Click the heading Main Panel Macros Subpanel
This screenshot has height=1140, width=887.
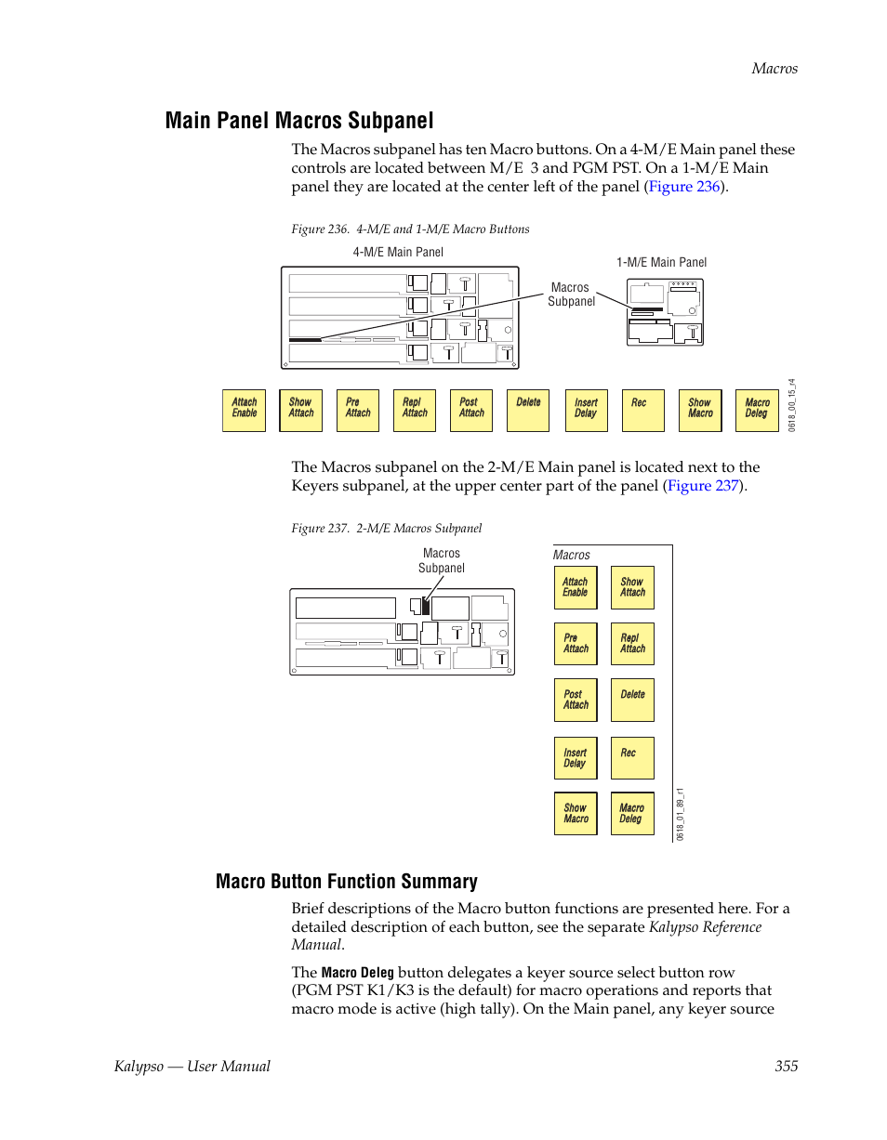click(299, 121)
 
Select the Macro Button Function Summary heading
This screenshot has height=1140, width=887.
click(346, 882)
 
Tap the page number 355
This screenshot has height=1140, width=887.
click(786, 1066)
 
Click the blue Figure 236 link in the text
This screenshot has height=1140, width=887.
click(684, 186)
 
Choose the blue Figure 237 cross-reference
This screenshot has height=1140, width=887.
click(703, 485)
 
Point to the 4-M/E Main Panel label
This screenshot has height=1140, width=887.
click(398, 252)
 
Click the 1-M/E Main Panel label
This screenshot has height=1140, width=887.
click(661, 262)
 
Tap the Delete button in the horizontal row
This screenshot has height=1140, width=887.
click(528, 410)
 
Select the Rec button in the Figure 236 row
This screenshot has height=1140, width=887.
click(642, 410)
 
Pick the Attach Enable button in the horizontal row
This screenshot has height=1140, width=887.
click(244, 410)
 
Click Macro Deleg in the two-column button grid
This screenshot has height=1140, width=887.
click(631, 814)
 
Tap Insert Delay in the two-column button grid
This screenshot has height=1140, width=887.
click(576, 758)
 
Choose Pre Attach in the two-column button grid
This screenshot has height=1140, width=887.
click(576, 644)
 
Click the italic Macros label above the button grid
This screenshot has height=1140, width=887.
click(572, 555)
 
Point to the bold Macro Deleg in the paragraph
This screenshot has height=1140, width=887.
click(357, 973)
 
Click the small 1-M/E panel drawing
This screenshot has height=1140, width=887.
click(665, 311)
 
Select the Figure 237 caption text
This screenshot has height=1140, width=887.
click(387, 528)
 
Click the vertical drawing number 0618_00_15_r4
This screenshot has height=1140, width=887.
click(791, 403)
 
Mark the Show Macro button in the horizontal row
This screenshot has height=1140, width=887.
click(700, 410)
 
